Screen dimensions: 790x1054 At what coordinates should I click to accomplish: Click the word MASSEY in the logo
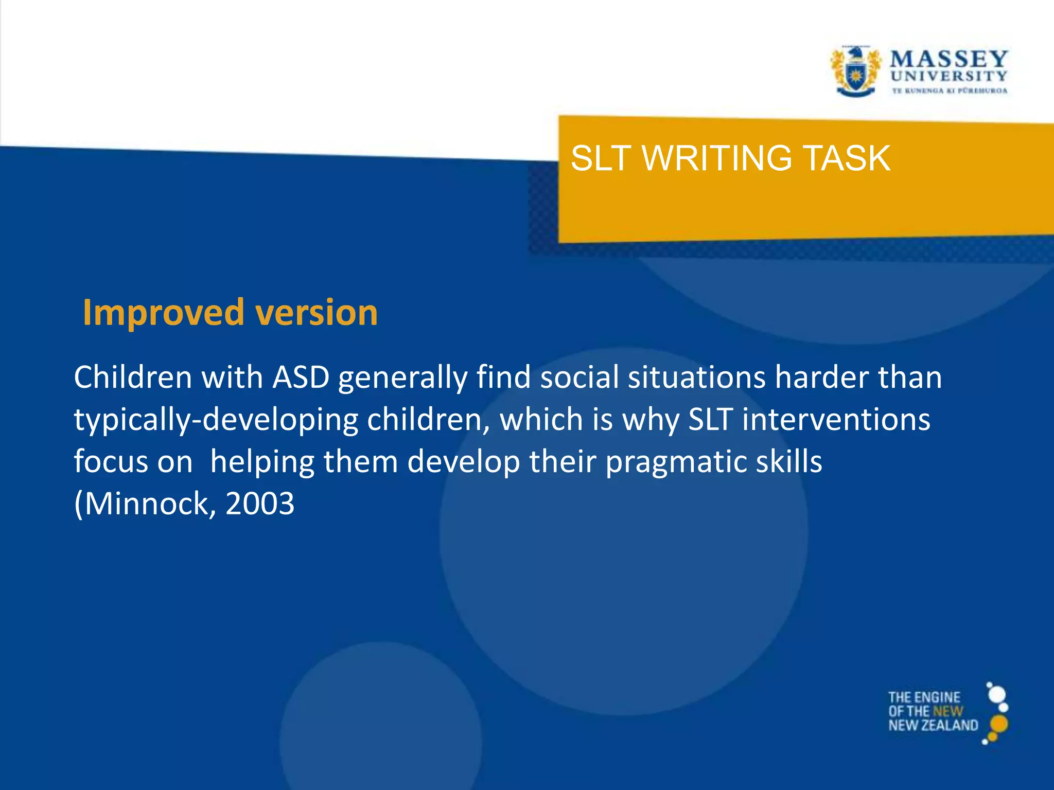(x=948, y=59)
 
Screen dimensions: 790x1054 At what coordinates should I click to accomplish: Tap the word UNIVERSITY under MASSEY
(x=948, y=76)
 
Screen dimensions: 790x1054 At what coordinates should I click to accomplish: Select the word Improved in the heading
(x=163, y=313)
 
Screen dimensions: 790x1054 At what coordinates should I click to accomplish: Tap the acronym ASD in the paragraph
(x=301, y=377)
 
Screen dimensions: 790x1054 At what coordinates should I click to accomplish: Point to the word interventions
(x=836, y=419)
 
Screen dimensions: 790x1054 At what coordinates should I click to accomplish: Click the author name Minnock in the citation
(x=148, y=504)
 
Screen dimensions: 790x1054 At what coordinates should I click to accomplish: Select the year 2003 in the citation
(x=260, y=504)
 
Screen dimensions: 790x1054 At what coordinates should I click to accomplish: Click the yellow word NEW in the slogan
(x=947, y=711)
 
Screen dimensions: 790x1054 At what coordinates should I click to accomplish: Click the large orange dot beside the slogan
(x=998, y=724)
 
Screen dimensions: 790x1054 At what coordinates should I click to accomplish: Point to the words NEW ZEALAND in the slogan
(x=933, y=725)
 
